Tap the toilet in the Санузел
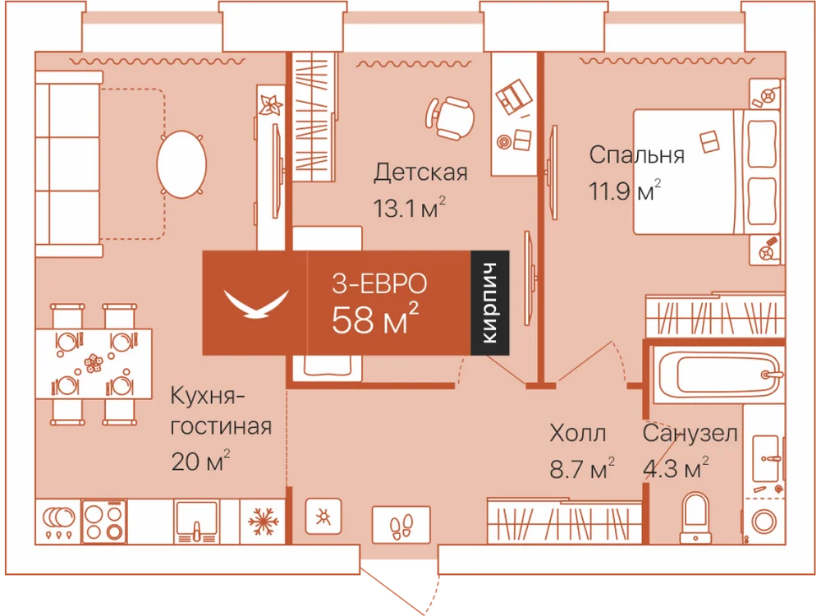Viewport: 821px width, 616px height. [x=695, y=517]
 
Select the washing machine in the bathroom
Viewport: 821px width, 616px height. [x=764, y=522]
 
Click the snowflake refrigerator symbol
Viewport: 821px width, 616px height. [x=262, y=522]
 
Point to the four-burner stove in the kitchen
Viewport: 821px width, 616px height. [x=104, y=522]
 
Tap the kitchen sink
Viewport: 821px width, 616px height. [x=197, y=522]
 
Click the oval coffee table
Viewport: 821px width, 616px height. [x=181, y=164]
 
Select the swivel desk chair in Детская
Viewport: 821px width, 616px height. [x=450, y=117]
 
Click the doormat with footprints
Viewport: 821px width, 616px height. [x=401, y=525]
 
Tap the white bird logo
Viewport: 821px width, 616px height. [x=256, y=303]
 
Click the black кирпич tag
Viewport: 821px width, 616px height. [x=490, y=303]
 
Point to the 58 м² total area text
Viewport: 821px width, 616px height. [x=375, y=319]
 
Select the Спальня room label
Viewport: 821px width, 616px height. [x=637, y=155]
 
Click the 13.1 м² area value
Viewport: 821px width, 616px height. [x=410, y=208]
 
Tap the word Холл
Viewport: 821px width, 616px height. [x=578, y=434]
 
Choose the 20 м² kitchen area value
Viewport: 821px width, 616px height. [x=200, y=461]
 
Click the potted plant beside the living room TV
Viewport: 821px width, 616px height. [x=271, y=105]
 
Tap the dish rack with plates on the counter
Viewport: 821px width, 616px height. [x=58, y=522]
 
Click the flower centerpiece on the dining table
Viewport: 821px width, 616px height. [x=94, y=362]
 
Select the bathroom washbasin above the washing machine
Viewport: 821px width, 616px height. [x=767, y=457]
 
